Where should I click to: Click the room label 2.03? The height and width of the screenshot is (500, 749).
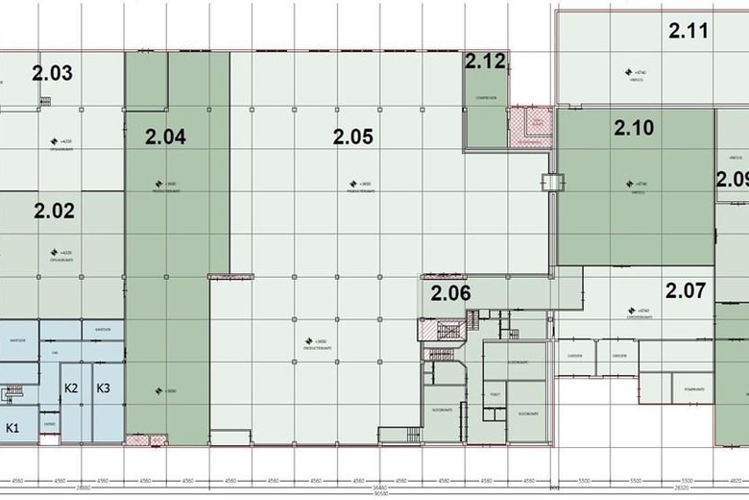tap(52, 73)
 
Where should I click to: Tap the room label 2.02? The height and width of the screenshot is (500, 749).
tap(54, 211)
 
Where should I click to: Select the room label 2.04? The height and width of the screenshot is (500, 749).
tap(165, 137)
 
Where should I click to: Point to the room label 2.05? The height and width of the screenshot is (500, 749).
tap(352, 137)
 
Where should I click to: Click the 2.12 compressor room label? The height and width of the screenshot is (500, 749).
tap(485, 62)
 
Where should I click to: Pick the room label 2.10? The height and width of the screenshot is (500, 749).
tap(634, 127)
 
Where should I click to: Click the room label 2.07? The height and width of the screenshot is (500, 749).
tap(686, 287)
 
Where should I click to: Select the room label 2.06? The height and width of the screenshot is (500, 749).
tap(449, 294)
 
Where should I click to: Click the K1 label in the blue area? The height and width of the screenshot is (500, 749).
tap(14, 427)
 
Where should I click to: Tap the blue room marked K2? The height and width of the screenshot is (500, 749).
tap(71, 387)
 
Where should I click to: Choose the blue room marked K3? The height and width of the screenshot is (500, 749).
tap(104, 387)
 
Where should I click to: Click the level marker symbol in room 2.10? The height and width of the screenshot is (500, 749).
tap(629, 183)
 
